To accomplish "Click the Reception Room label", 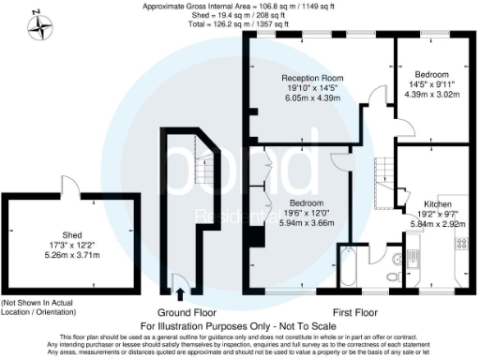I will pyautogui.click(x=308, y=78).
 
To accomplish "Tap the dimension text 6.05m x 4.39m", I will pyautogui.click(x=308, y=98).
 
